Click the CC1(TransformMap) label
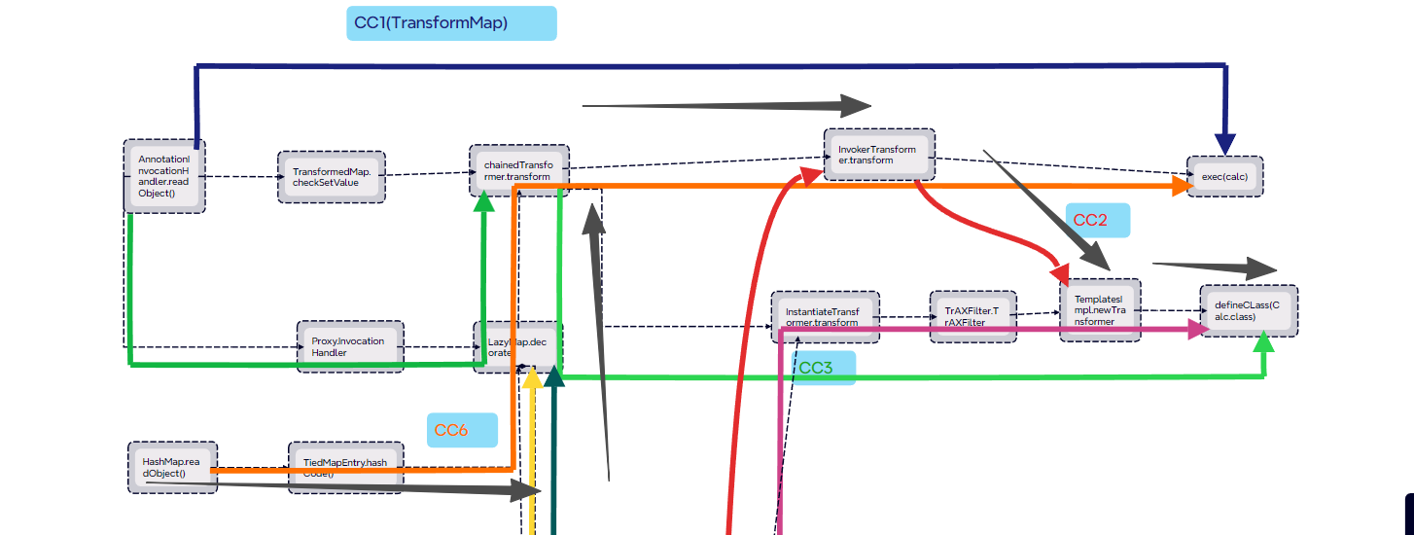coord(451,23)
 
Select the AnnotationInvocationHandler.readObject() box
coord(164,176)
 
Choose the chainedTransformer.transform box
coord(517,171)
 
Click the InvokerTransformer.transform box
coord(878,154)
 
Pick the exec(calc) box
coord(1224,176)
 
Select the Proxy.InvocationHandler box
coord(350,346)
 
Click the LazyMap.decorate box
coord(517,346)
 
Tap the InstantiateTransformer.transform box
coord(825,316)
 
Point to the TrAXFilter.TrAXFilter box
coord(972,316)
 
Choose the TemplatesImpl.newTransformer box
coord(1100,308)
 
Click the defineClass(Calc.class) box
coord(1248,310)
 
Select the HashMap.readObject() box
coord(172,467)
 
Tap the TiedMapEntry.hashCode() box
coord(345,467)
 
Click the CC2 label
coord(1097,220)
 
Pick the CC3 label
coord(822,368)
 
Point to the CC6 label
coord(462,430)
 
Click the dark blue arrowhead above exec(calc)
coord(1224,144)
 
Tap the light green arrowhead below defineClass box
coord(1264,341)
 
